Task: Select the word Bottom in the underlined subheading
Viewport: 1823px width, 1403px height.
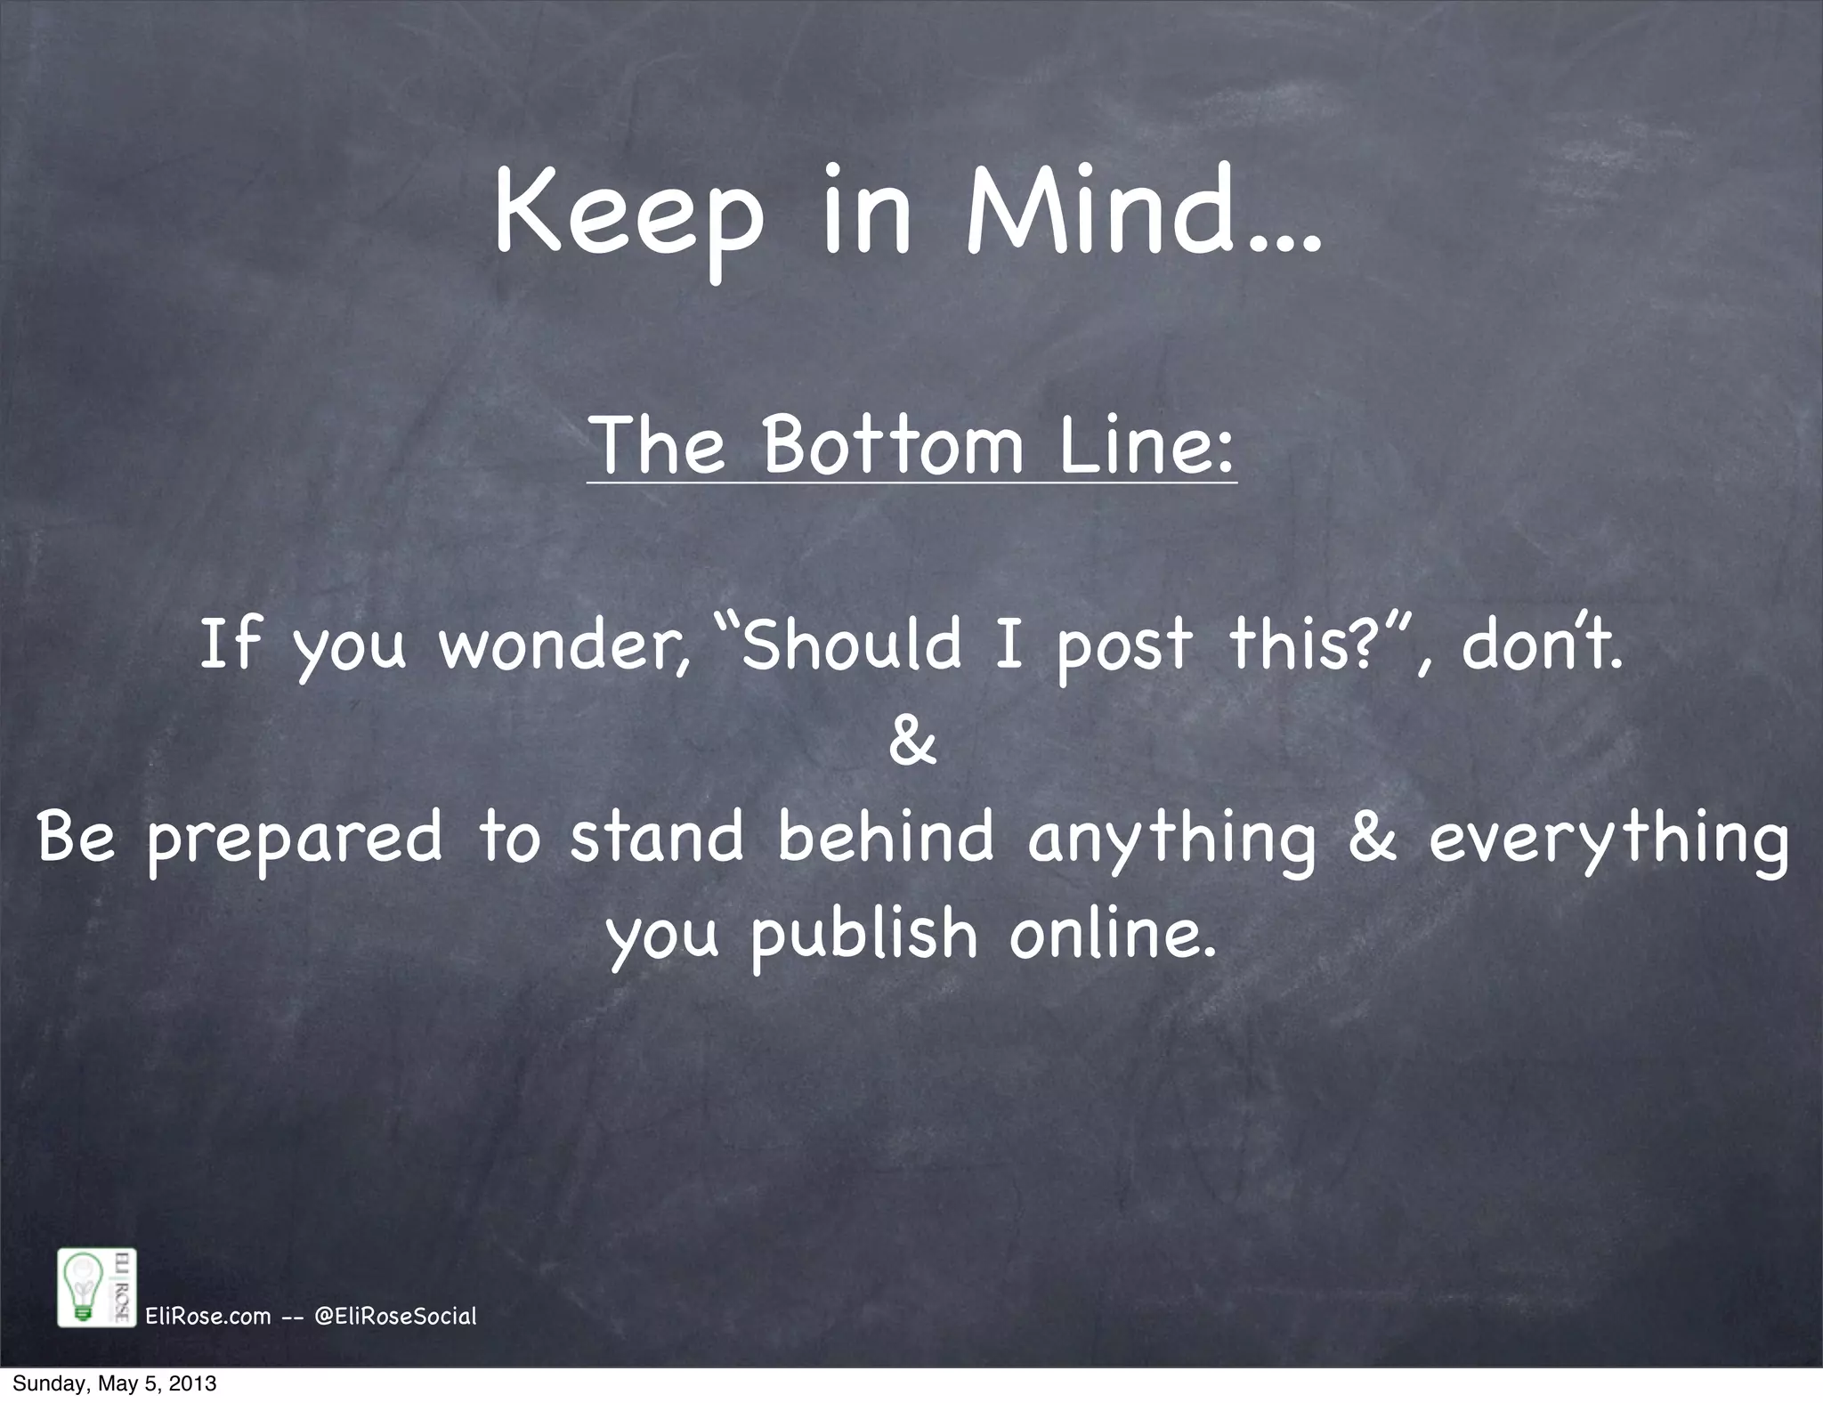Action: [894, 444]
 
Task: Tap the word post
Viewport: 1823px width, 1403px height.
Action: [1122, 648]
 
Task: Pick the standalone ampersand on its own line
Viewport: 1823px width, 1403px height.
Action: [912, 742]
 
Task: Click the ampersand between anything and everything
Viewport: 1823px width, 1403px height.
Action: [1372, 839]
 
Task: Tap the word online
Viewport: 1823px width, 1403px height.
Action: [1113, 934]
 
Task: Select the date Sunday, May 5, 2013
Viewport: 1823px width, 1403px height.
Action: [115, 1385]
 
